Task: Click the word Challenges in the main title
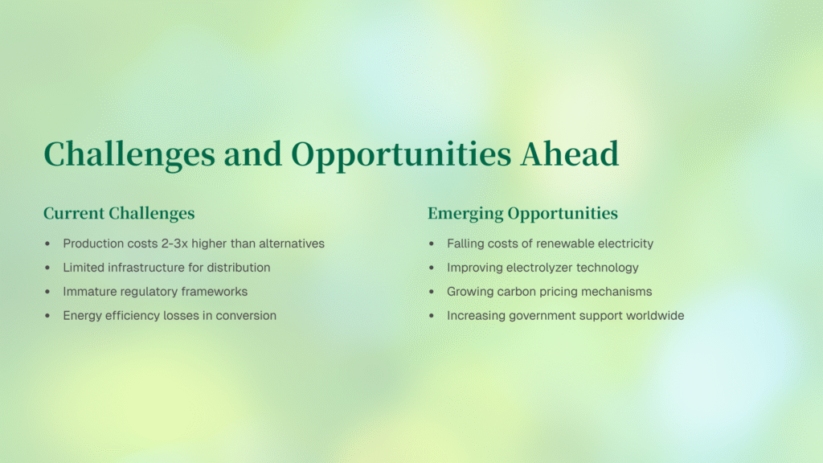click(x=129, y=154)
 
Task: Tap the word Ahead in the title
click(x=570, y=154)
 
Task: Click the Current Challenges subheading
click(x=119, y=214)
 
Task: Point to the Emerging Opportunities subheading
click(x=522, y=214)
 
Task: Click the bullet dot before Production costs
click(x=47, y=244)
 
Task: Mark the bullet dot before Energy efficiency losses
click(x=47, y=315)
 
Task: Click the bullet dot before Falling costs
click(x=432, y=244)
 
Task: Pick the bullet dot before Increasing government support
click(x=432, y=315)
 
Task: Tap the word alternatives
click(x=292, y=244)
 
